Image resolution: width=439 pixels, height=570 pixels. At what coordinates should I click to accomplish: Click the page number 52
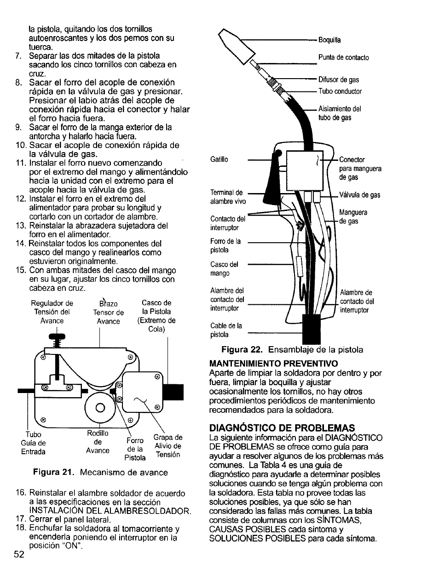coord(18,554)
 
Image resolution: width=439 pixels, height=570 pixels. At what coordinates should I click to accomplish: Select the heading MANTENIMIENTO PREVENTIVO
coord(273,363)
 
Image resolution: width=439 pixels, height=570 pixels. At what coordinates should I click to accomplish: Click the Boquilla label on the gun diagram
coord(329,40)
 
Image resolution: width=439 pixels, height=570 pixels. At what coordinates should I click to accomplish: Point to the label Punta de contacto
coord(343,57)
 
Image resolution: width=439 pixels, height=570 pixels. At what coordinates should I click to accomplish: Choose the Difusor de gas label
coord(339,80)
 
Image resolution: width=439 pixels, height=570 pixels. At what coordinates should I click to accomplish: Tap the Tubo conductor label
coord(340,91)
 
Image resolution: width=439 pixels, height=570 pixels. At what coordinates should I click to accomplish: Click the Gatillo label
coord(219,160)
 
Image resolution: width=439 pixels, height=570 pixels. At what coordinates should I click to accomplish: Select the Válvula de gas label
coord(359,195)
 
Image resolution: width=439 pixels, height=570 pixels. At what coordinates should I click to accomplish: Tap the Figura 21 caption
coord(100,472)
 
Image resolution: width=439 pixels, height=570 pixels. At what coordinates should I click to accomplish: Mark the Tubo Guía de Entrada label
coord(34,443)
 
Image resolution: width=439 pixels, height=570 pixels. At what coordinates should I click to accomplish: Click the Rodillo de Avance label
coord(98,442)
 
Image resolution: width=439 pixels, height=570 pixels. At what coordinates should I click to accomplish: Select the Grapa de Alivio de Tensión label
coord(168,446)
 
